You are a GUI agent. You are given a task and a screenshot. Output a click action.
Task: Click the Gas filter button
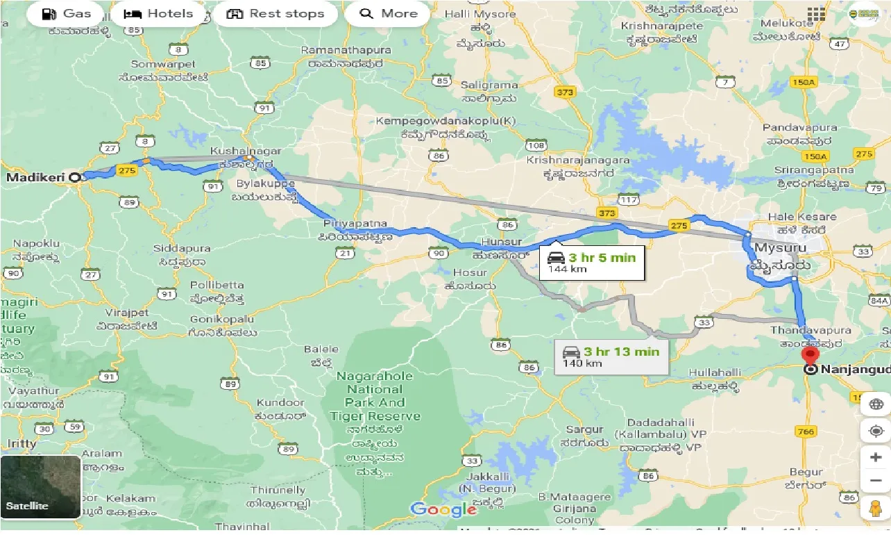pyautogui.click(x=67, y=14)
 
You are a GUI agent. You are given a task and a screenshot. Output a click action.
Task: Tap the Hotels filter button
pyautogui.click(x=158, y=14)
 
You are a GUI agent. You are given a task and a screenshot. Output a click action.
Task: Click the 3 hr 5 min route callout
pyautogui.click(x=592, y=263)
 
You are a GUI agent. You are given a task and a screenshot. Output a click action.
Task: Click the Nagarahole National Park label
pyautogui.click(x=375, y=396)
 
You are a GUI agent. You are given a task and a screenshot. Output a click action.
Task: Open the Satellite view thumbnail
pyautogui.click(x=41, y=487)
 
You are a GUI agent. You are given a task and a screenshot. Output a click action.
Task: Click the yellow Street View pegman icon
pyautogui.click(x=875, y=509)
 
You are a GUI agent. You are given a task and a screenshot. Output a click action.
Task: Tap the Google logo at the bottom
pyautogui.click(x=443, y=509)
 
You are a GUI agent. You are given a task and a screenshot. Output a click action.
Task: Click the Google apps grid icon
pyautogui.click(x=816, y=14)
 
